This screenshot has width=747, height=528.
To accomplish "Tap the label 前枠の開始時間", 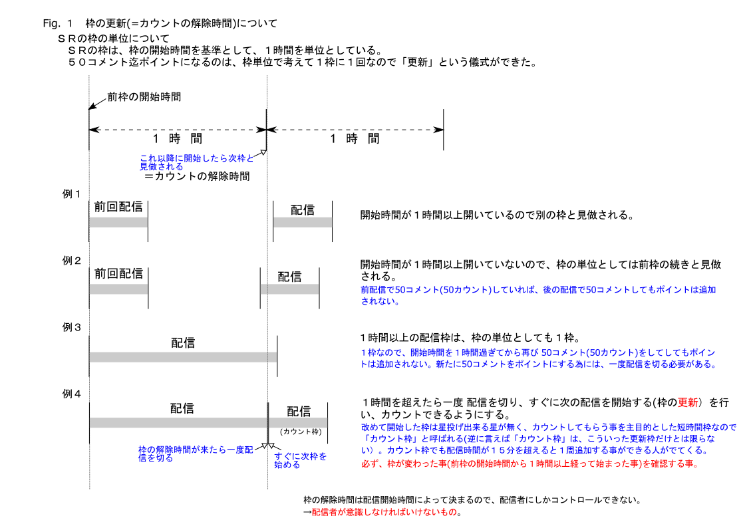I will (x=144, y=96).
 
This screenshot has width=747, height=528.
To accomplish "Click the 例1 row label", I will (x=72, y=194).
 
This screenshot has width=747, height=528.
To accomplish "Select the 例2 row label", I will (x=72, y=261).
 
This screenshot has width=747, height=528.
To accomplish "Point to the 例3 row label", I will (x=72, y=327).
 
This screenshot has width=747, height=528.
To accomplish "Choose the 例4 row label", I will (x=72, y=394).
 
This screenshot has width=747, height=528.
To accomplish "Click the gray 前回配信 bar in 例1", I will (x=118, y=222).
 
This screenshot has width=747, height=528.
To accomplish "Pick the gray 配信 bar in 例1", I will (x=303, y=222).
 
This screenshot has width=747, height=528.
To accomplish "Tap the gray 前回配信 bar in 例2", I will (x=118, y=289).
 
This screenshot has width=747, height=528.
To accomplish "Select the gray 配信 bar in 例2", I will (x=289, y=289).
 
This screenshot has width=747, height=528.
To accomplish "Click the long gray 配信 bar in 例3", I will (x=183, y=357).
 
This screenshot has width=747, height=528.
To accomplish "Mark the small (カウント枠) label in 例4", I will (x=301, y=432).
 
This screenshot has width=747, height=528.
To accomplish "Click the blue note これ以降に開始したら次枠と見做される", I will (x=196, y=162).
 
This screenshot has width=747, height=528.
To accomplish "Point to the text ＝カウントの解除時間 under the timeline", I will (x=197, y=177).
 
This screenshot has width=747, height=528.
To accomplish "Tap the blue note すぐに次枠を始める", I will (x=301, y=460).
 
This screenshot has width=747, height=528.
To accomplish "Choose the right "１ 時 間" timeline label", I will (x=355, y=138).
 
